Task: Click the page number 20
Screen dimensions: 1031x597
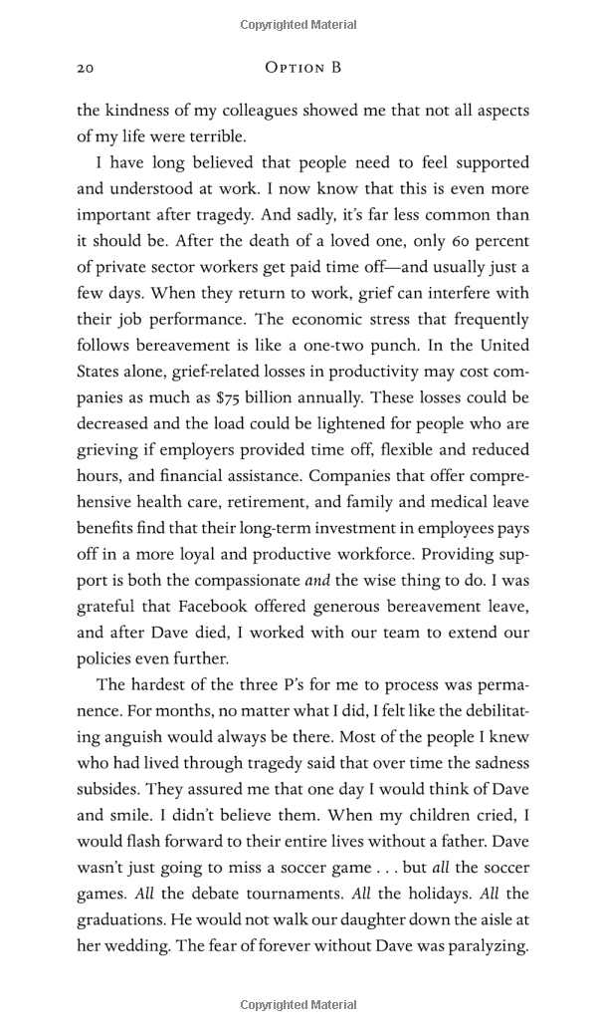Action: (85, 68)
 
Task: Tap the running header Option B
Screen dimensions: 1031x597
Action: (303, 68)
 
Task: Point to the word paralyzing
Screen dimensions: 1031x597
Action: (480, 945)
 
